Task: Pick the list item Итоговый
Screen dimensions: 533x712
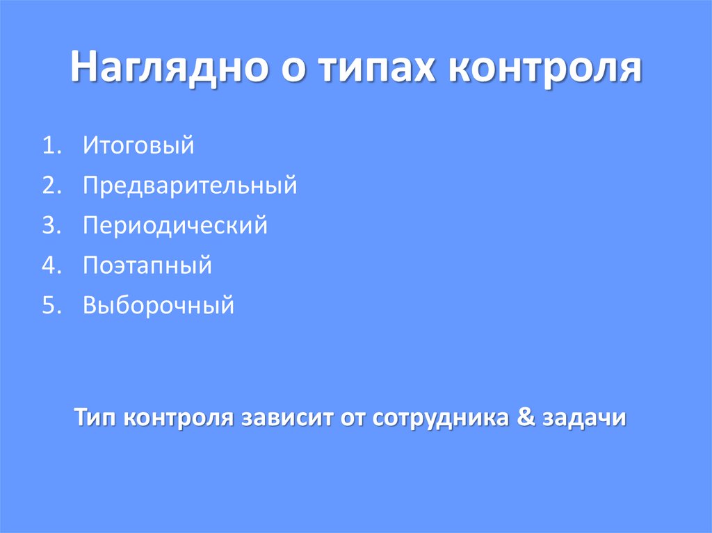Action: pos(137,147)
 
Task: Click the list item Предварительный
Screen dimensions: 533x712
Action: pos(190,186)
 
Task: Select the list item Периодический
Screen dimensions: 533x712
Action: pos(175,226)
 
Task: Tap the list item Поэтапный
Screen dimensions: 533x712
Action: pos(147,265)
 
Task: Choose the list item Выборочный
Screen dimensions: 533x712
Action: pos(159,305)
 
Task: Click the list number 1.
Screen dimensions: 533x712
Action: pos(49,147)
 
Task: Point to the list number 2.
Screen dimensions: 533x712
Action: pos(49,186)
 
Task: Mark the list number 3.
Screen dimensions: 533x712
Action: pos(49,226)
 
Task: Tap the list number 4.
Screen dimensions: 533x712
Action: pos(49,265)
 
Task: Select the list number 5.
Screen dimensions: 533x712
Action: pos(49,305)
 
